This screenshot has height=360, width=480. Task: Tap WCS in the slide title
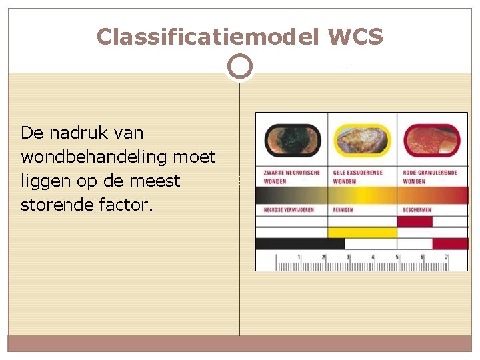coord(355,37)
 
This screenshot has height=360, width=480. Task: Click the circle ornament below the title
coord(239,67)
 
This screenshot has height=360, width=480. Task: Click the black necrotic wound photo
coord(292,141)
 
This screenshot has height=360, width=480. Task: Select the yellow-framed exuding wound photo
coord(363,141)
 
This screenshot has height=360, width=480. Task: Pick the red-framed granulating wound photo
coord(432,141)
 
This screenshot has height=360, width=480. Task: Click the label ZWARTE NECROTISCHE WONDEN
coord(291,177)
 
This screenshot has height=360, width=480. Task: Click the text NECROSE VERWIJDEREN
coord(288,209)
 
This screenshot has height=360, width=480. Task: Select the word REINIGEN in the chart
coord(343,209)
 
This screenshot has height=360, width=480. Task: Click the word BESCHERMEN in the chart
coord(417,209)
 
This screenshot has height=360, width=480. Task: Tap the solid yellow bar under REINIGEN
coord(363,233)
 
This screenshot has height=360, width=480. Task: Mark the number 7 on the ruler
coord(446,257)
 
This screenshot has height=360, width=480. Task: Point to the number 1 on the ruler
coord(299,257)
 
